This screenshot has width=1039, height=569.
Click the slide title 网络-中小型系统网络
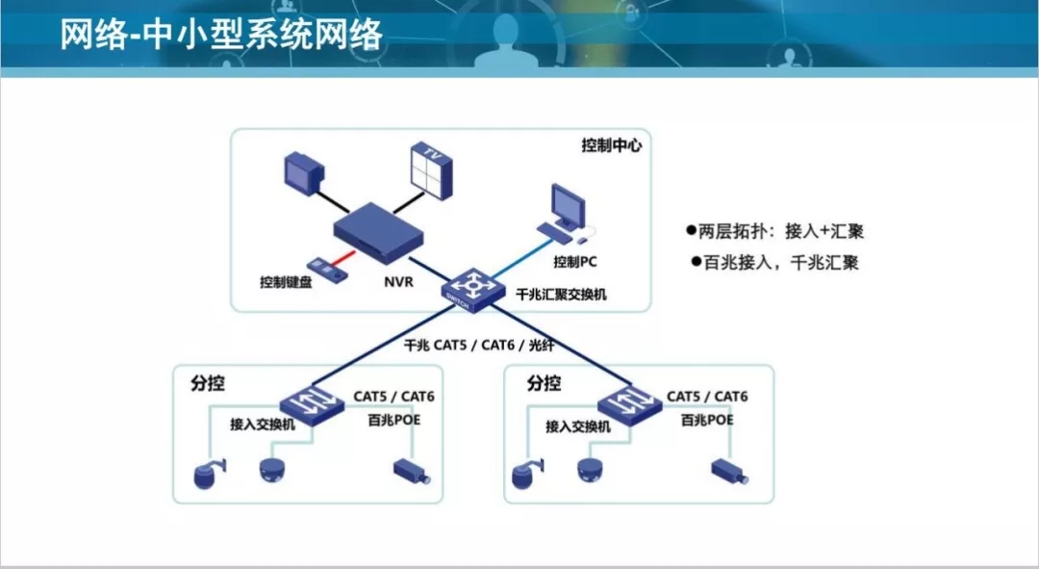(222, 36)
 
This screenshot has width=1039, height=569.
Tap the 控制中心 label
(611, 145)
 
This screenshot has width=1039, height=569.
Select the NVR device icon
(378, 232)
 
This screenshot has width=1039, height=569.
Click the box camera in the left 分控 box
(412, 471)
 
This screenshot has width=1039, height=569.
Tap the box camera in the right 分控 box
(729, 471)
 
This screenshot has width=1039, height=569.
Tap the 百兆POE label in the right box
(706, 421)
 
